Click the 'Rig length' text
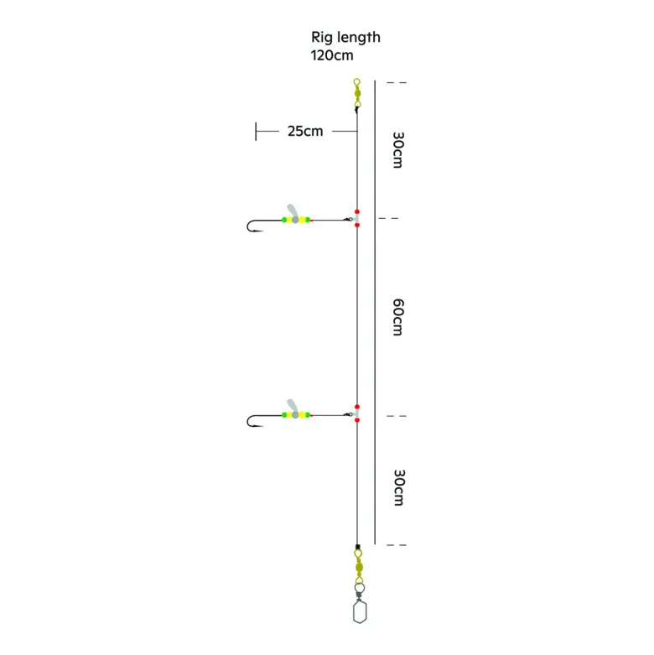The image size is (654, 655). (345, 38)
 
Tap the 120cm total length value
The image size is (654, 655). (332, 55)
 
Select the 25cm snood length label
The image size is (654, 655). (305, 131)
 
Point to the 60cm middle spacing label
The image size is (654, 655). (398, 317)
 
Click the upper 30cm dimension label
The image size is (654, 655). (398, 150)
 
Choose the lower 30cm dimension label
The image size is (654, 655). (399, 487)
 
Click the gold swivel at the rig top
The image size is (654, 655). (357, 94)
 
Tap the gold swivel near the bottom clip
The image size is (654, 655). (359, 567)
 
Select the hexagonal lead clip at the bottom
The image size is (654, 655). (360, 612)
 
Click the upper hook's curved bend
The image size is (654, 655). (249, 226)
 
